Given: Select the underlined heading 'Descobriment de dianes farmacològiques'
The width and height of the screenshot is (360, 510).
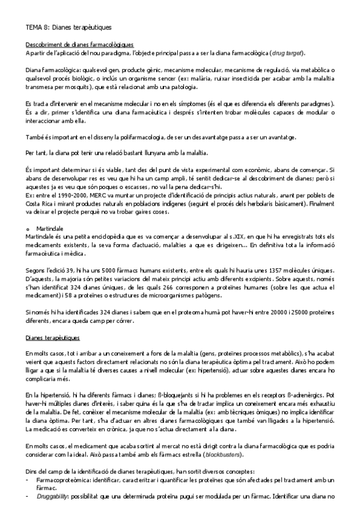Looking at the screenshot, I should click(x=79, y=45).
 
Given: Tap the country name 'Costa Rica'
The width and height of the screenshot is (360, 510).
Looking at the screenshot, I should click(x=40, y=204).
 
